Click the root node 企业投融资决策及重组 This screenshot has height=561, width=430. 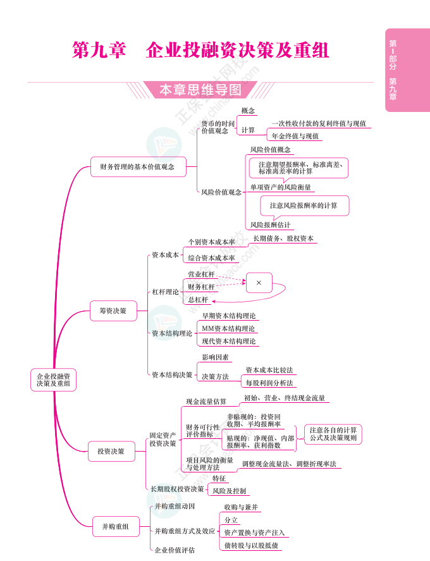[x=54, y=379]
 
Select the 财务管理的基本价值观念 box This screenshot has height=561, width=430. [x=138, y=167]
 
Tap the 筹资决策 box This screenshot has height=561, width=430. [x=113, y=311]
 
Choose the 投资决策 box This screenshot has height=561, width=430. [x=111, y=451]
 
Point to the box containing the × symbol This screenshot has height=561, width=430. [x=259, y=283]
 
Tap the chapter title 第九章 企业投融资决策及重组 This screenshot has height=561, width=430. [x=201, y=50]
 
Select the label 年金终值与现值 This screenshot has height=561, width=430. [x=295, y=136]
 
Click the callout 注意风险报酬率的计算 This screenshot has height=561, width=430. [x=304, y=206]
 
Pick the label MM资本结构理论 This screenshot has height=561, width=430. [x=228, y=329]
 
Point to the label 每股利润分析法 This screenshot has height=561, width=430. [x=269, y=383]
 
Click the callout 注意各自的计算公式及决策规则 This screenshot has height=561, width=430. [x=333, y=434]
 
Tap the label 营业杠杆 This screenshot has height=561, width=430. [x=201, y=274]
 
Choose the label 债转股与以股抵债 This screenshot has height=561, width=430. [x=253, y=545]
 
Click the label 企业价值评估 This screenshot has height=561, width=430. [x=175, y=550]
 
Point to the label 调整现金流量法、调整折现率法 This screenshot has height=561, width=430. [x=289, y=464]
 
